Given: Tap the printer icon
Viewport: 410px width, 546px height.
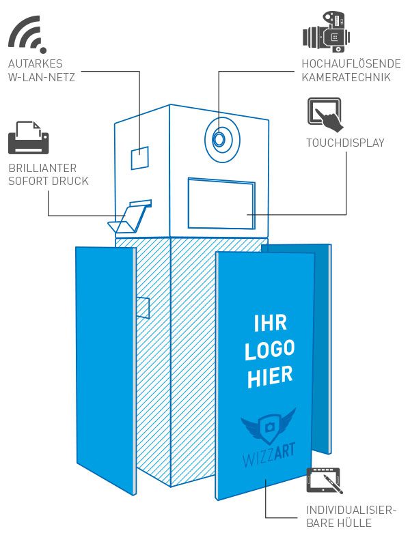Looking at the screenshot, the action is (29, 138).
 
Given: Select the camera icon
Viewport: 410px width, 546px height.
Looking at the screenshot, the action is (327, 32).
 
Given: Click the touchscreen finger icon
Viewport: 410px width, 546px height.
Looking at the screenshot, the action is (326, 115).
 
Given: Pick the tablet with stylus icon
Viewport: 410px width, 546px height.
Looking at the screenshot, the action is (324, 480).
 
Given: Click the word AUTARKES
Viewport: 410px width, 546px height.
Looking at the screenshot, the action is (36, 63).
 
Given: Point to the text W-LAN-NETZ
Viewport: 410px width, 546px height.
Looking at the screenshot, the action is (42, 77).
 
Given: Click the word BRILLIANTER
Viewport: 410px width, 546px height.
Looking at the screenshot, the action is (42, 168).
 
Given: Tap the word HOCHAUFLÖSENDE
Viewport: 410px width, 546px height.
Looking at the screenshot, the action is (351, 63).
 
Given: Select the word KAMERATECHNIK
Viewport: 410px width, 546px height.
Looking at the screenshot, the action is (346, 77).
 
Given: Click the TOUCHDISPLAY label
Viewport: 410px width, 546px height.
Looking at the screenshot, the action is (346, 143).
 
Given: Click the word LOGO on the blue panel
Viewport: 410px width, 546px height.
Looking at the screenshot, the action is (269, 350).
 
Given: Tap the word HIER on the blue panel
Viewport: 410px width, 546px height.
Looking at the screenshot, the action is (270, 377).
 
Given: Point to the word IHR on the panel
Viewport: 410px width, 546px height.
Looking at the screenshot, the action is (270, 323).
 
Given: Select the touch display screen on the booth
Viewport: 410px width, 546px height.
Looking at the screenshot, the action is (221, 203).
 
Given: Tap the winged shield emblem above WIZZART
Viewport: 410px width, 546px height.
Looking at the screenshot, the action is (268, 427).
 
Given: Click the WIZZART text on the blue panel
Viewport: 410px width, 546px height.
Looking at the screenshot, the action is (269, 455).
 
